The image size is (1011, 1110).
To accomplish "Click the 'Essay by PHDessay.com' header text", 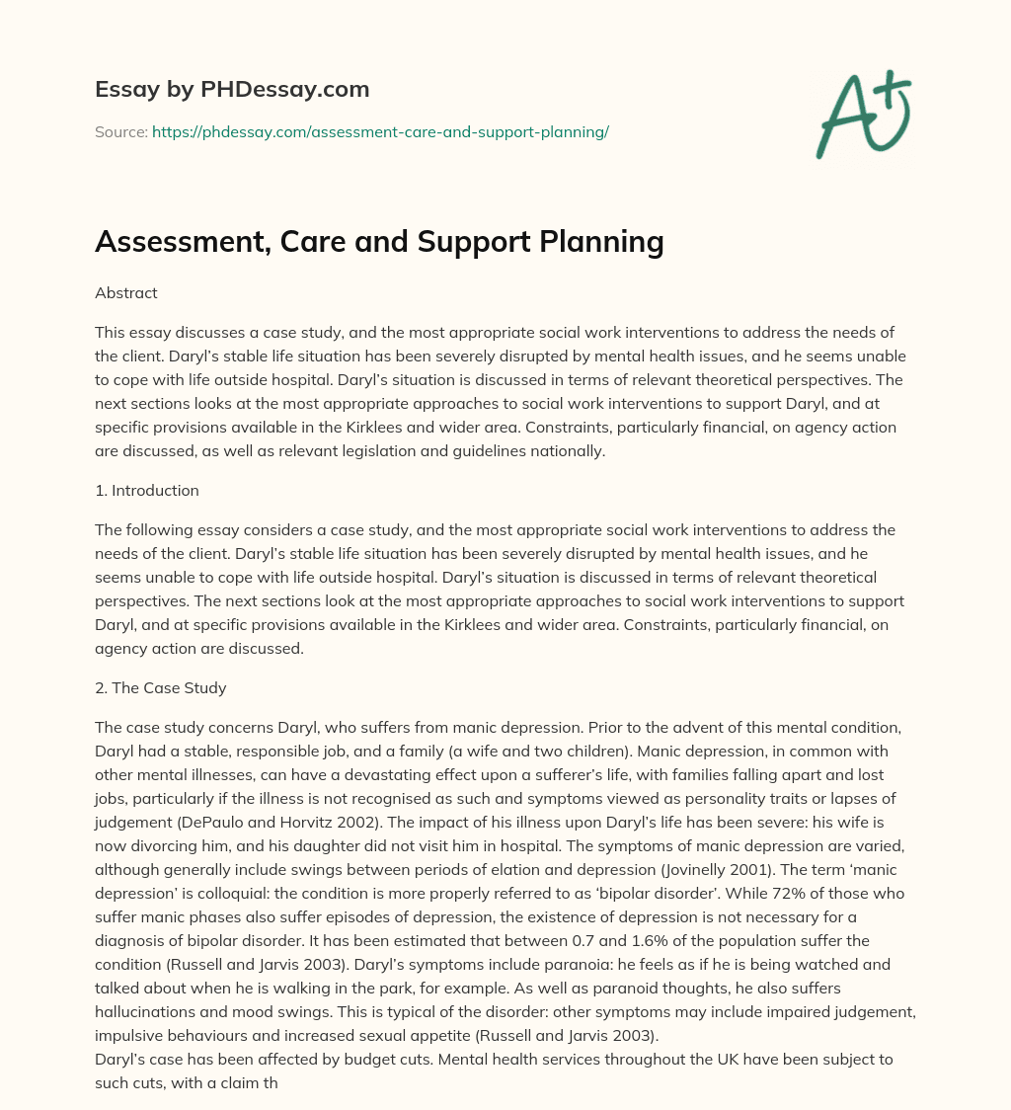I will tap(232, 90).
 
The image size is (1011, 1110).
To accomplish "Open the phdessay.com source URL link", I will tap(380, 132).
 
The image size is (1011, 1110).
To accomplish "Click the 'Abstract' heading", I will tap(125, 293).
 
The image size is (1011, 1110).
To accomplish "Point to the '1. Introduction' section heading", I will tap(147, 491).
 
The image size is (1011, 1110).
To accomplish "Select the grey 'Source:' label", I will tap(120, 132).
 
